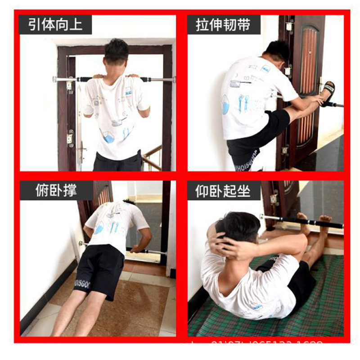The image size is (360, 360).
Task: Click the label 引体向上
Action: pos(55,24)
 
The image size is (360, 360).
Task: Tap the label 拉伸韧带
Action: pos(224,24)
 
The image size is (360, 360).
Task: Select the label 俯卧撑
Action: pos(56,190)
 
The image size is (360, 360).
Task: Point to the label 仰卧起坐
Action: pos(224,190)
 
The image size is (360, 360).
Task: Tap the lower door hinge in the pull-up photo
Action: pos(70,138)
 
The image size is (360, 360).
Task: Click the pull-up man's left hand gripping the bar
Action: pos(95,77)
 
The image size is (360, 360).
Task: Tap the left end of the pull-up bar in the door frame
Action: pos(55,79)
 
